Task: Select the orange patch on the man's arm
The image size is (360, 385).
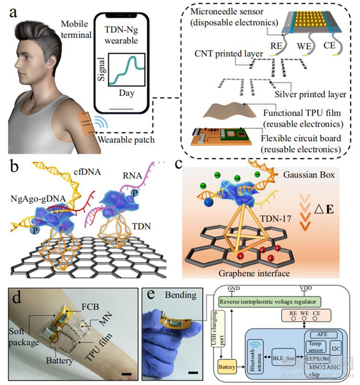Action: (87, 127)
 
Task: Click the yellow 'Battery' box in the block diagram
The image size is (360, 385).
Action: (226, 366)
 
